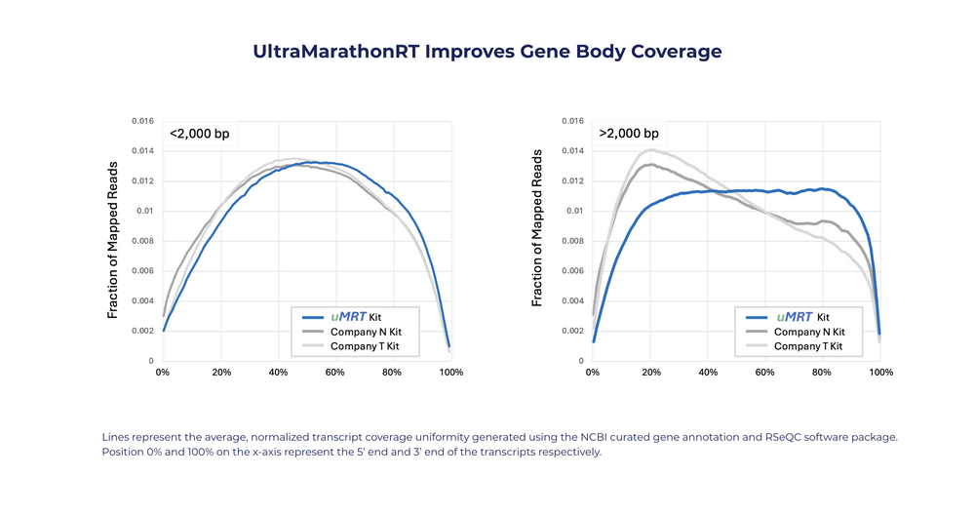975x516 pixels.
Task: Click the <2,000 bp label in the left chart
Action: click(200, 134)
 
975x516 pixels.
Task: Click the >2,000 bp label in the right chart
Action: click(629, 134)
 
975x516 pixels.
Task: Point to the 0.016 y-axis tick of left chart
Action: click(142, 121)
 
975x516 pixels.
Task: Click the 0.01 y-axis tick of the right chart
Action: click(576, 211)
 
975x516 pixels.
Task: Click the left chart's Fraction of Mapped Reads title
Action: click(112, 240)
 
